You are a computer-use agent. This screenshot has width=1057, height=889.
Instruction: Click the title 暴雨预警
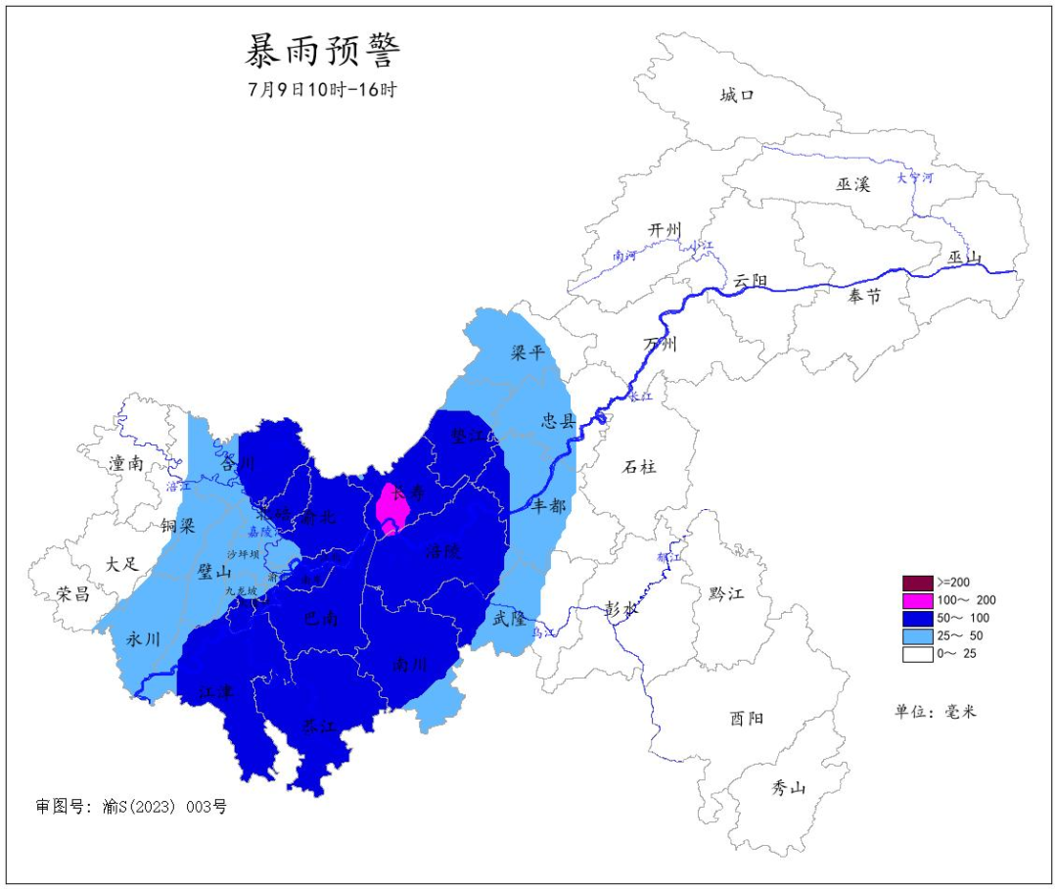pyautogui.click(x=322, y=49)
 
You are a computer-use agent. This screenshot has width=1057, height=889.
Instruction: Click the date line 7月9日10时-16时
pyautogui.click(x=322, y=89)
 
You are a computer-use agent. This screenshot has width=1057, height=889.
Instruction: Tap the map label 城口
pyautogui.click(x=737, y=95)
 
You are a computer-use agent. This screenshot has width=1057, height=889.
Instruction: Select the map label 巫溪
pyautogui.click(x=852, y=184)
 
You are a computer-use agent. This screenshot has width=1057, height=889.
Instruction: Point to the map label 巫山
pyautogui.click(x=964, y=257)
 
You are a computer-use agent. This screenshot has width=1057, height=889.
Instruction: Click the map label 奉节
pyautogui.click(x=864, y=295)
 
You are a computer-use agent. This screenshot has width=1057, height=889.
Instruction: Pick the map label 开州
pyautogui.click(x=664, y=230)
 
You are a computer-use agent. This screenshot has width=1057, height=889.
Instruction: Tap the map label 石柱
pyautogui.click(x=639, y=467)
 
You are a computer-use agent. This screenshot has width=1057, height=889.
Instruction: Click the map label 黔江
pyautogui.click(x=726, y=593)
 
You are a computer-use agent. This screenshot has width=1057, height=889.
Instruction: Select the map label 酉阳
pyautogui.click(x=746, y=719)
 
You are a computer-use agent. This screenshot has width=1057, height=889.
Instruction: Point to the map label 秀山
pyautogui.click(x=788, y=786)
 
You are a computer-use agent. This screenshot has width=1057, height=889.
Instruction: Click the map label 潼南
pyautogui.click(x=127, y=464)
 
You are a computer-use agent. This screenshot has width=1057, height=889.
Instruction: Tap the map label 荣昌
pyautogui.click(x=72, y=593)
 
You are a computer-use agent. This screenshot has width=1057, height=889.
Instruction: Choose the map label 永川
pyautogui.click(x=144, y=639)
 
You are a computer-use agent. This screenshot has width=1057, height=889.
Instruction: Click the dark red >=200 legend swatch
pyautogui.click(x=917, y=582)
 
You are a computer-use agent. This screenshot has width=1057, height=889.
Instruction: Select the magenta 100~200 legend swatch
pyautogui.click(x=917, y=599)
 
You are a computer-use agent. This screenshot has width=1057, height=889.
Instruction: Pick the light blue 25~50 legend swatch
pyautogui.click(x=917, y=635)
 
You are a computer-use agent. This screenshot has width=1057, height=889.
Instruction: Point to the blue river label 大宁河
pyautogui.click(x=915, y=177)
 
